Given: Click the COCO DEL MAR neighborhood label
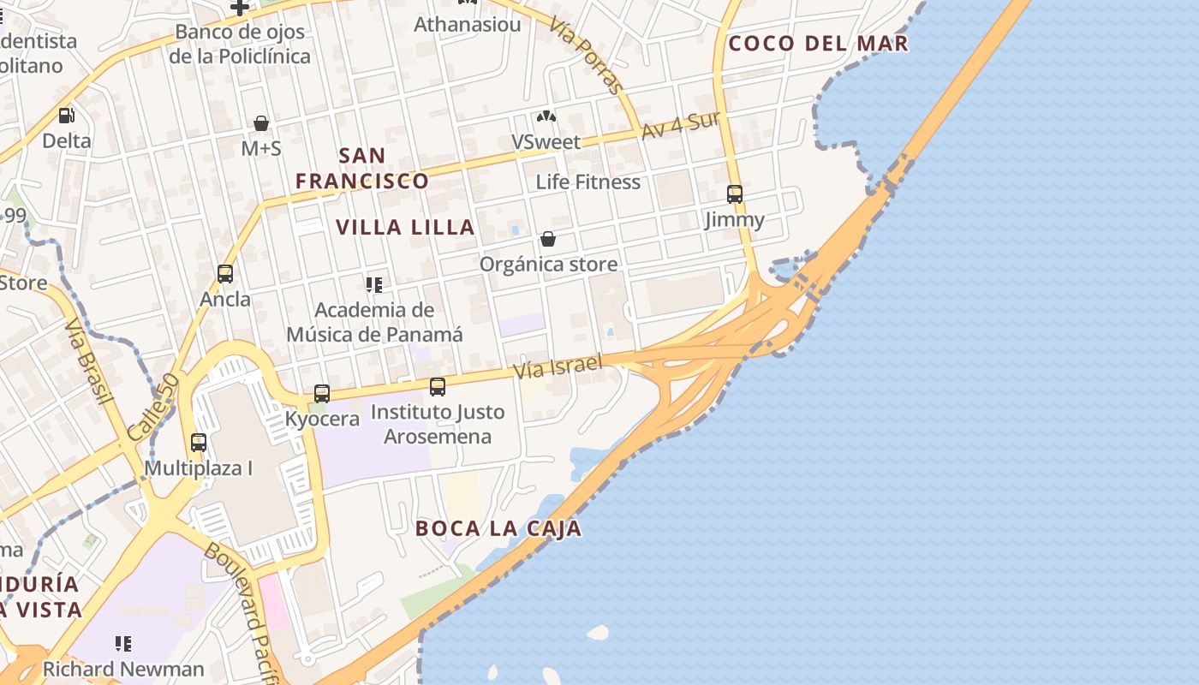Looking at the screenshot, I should pos(818,44).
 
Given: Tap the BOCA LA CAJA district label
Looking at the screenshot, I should pos(498,528).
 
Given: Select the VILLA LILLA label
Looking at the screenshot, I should pos(405,227).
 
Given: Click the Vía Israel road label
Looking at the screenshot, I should pos(558,366).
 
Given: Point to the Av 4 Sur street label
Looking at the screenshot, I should pos(681,125).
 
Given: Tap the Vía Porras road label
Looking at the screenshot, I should pos(588,55).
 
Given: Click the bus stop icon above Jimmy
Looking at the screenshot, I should pos(735,194).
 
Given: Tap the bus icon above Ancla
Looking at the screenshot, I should pos(225,274).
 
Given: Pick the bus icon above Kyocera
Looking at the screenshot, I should pos(322,394).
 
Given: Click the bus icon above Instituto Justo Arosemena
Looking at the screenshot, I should pos(438,387).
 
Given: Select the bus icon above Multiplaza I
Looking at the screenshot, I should pos(199,443).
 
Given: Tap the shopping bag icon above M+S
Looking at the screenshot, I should pos(261,123).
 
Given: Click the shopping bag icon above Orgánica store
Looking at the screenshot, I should pos(548,239).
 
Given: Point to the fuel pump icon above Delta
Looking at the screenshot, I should pos(66,115).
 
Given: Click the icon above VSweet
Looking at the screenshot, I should pos(546,116).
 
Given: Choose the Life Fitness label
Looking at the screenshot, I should pos(588,182).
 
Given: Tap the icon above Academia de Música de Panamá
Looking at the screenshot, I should pos(374,284).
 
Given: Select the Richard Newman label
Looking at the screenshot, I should pos(123,669).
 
